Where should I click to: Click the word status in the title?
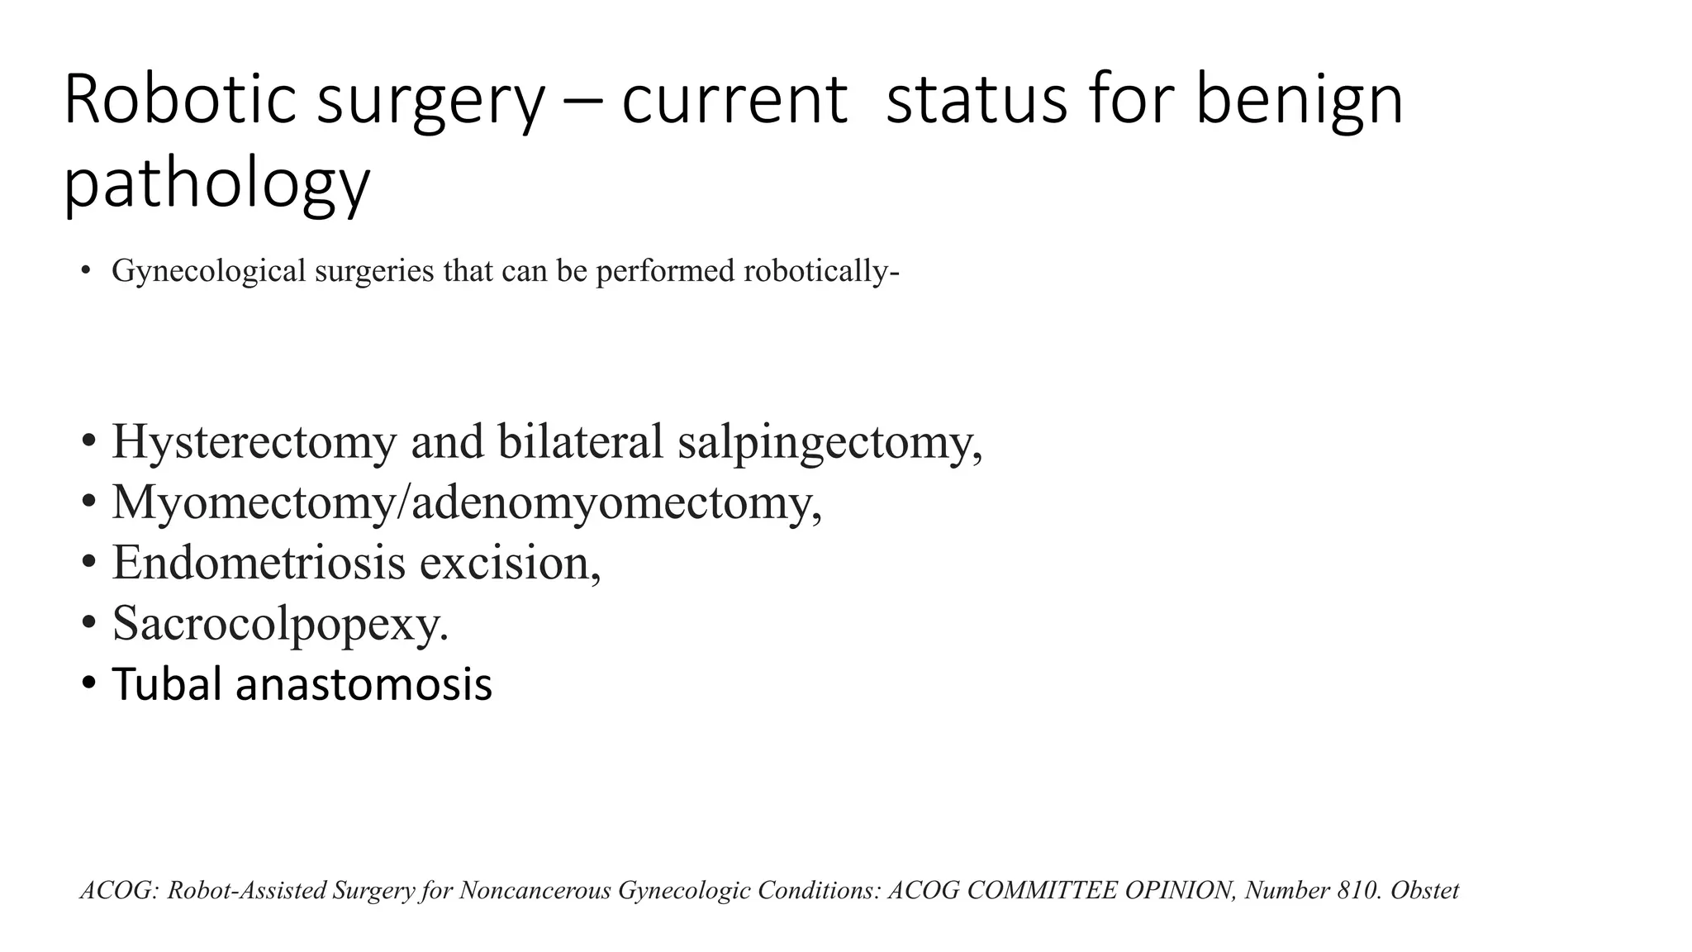click(x=976, y=101)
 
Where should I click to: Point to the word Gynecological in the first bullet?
click(x=209, y=271)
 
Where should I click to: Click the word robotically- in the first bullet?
click(x=821, y=271)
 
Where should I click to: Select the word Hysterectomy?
click(x=254, y=442)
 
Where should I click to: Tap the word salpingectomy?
click(x=829, y=442)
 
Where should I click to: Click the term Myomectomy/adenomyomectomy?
click(x=467, y=502)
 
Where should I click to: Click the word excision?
click(x=510, y=562)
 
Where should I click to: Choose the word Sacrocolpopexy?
click(x=280, y=623)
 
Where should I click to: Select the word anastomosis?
click(x=364, y=684)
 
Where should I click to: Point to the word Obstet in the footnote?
click(x=1425, y=890)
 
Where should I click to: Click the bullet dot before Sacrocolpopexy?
click(x=88, y=625)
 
